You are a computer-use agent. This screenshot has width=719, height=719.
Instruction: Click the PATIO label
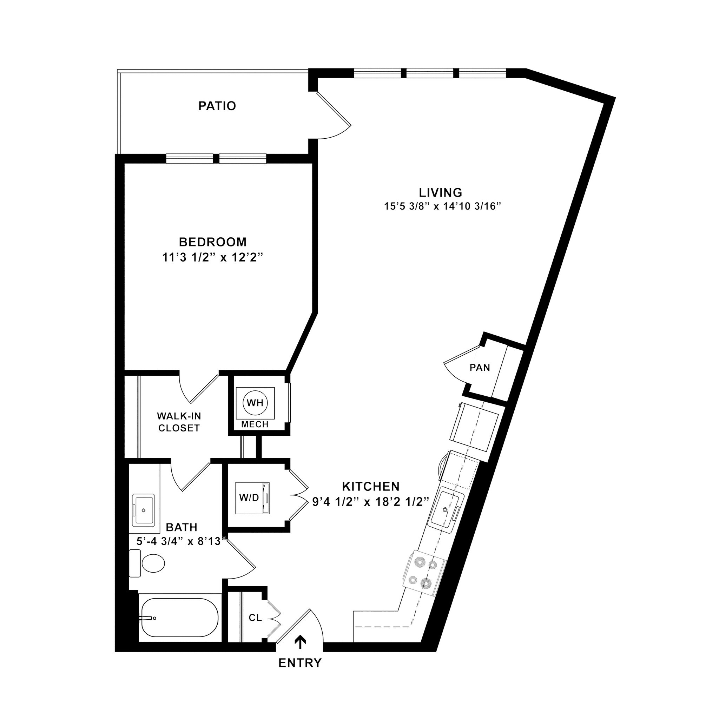pyautogui.click(x=217, y=106)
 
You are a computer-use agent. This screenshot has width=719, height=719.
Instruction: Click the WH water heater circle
pyautogui.click(x=255, y=403)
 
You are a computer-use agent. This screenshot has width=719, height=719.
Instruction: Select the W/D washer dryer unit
pyautogui.click(x=252, y=498)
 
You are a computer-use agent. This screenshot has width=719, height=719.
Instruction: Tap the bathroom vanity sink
pyautogui.click(x=143, y=510)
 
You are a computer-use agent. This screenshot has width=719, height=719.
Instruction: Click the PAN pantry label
pyautogui.click(x=480, y=368)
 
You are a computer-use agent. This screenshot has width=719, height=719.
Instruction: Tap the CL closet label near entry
pyautogui.click(x=255, y=618)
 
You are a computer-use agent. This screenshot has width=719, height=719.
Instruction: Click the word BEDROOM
pyautogui.click(x=212, y=242)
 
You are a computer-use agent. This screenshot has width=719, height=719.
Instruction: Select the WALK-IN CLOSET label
pyautogui.click(x=179, y=422)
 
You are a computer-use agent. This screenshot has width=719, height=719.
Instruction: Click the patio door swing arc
pyautogui.click(x=337, y=134)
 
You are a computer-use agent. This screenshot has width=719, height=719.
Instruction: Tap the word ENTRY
pyautogui.click(x=300, y=663)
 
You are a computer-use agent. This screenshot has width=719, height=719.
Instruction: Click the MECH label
pyautogui.click(x=255, y=424)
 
